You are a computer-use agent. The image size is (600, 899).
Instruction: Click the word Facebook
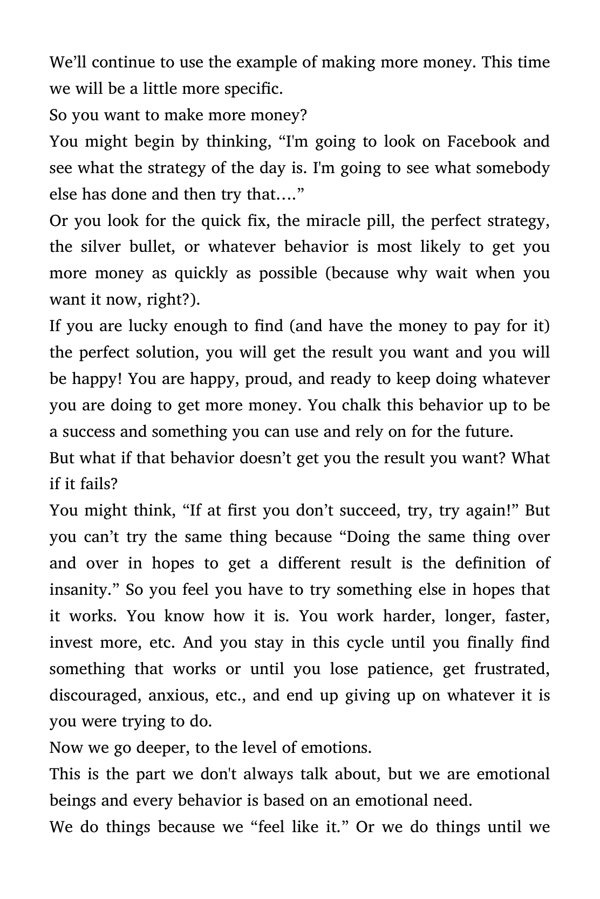tap(481, 142)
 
